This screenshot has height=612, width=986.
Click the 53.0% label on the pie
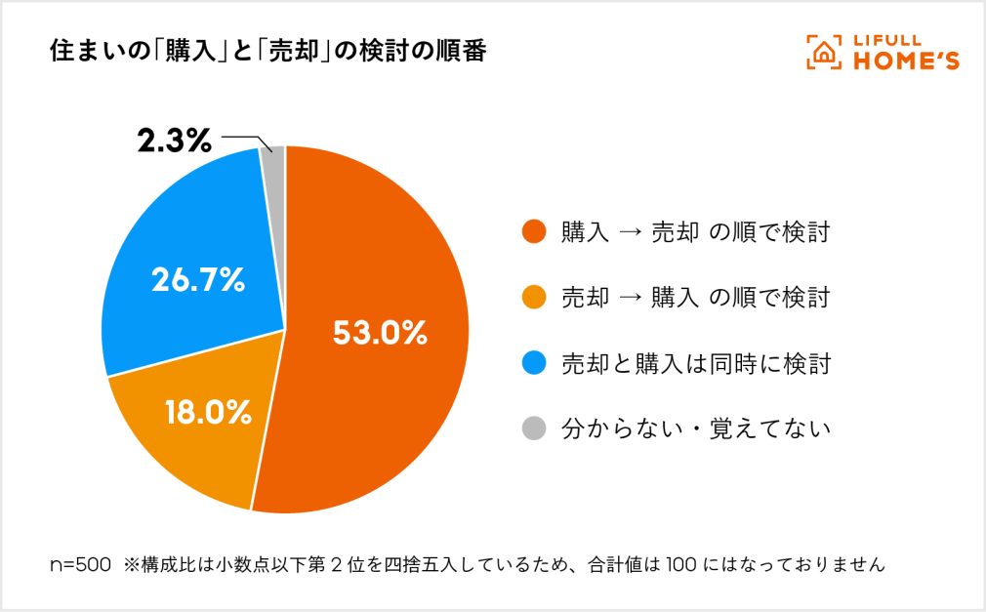(x=381, y=333)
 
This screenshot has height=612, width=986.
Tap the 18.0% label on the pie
(x=209, y=412)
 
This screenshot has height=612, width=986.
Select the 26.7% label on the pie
(x=197, y=280)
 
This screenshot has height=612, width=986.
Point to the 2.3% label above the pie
(x=174, y=142)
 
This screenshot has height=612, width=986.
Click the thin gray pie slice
(x=274, y=161)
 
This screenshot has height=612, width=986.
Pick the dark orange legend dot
(x=533, y=233)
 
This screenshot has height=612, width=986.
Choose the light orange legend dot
(x=533, y=298)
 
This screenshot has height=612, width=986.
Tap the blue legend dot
(x=533, y=363)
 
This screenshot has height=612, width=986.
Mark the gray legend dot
(x=533, y=428)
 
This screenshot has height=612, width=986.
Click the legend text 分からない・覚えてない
(x=695, y=428)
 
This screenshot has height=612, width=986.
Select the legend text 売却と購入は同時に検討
(x=695, y=363)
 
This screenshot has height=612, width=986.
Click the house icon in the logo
(x=824, y=53)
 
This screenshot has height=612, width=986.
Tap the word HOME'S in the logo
(x=906, y=61)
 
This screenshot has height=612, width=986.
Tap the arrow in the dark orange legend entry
(x=631, y=233)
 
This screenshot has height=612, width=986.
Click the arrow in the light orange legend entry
(x=631, y=298)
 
